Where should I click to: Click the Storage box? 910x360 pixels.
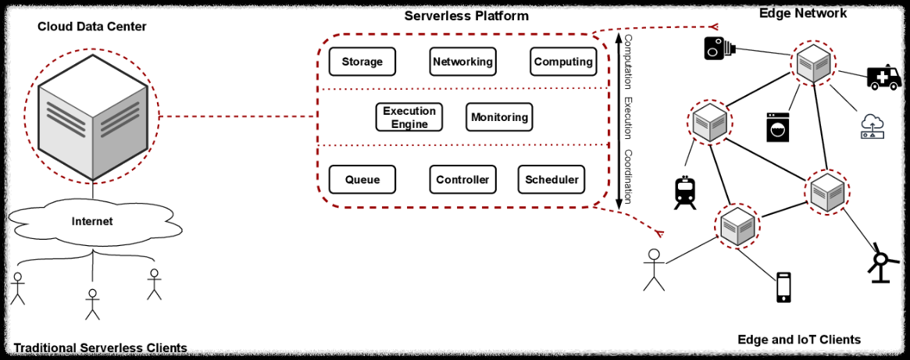[x=362, y=62]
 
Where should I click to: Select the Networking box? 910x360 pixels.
[x=462, y=62]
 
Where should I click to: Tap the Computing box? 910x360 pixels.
[x=562, y=62]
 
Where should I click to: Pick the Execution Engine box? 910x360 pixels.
[x=409, y=117]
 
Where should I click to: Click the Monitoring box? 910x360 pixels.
[x=499, y=117]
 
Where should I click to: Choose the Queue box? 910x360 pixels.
[x=362, y=180]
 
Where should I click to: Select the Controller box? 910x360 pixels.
[x=462, y=180]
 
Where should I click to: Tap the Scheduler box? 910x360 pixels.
[x=551, y=180]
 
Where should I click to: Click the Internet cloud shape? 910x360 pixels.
[x=92, y=222]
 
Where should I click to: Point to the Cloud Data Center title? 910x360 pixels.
[x=92, y=27]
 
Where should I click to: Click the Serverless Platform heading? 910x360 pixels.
[x=466, y=16]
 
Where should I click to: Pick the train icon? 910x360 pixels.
[x=684, y=193]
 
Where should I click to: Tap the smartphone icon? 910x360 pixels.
[x=783, y=287]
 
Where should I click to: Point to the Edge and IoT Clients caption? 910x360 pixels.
[x=798, y=340]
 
